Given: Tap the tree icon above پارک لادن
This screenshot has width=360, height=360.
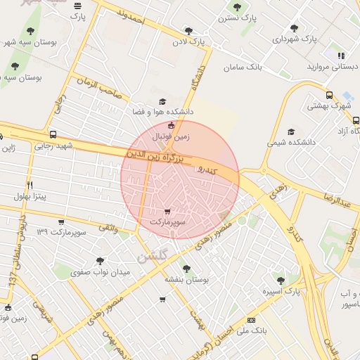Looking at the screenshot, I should (188, 30).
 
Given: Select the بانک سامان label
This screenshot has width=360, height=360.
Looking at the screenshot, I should (243, 68).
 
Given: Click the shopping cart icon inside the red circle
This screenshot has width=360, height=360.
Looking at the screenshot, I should (167, 211).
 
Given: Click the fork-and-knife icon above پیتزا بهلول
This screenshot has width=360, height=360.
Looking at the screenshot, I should (30, 185).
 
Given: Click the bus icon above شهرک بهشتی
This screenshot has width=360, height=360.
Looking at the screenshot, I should (329, 95).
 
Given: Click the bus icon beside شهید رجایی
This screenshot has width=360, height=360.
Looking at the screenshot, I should (53, 134).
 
